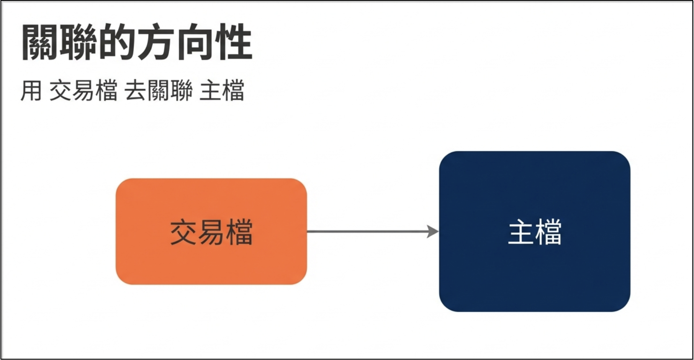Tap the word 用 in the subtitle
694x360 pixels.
pos(31,90)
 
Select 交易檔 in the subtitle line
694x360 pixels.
pos(83,90)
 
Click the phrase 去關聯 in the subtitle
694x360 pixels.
pos(159,90)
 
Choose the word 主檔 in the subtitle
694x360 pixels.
pos(222,90)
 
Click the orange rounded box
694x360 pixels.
pos(211,231)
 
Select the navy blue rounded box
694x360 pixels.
pos(535,231)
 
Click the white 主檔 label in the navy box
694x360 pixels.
pos(535,232)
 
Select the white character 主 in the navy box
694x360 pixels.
pos(521,232)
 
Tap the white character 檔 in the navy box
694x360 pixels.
pos(548,232)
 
